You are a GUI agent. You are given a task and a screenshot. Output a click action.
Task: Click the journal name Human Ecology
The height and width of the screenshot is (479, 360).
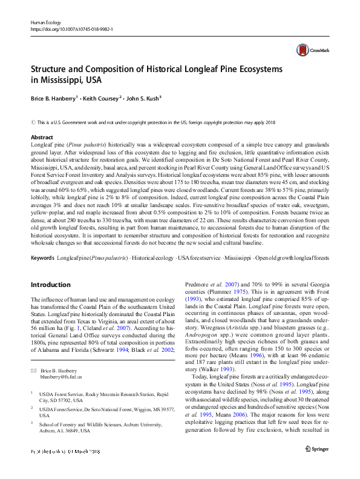[x=46, y=22]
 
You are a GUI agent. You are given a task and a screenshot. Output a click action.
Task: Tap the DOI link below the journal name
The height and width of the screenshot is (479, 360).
[x=74, y=28]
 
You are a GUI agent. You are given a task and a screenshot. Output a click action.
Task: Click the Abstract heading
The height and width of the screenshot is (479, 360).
[x=42, y=137]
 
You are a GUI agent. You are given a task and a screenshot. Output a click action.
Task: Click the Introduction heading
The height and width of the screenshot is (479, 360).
[x=50, y=284]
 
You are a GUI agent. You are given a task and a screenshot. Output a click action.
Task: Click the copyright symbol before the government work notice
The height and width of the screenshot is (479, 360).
[x=33, y=122]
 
